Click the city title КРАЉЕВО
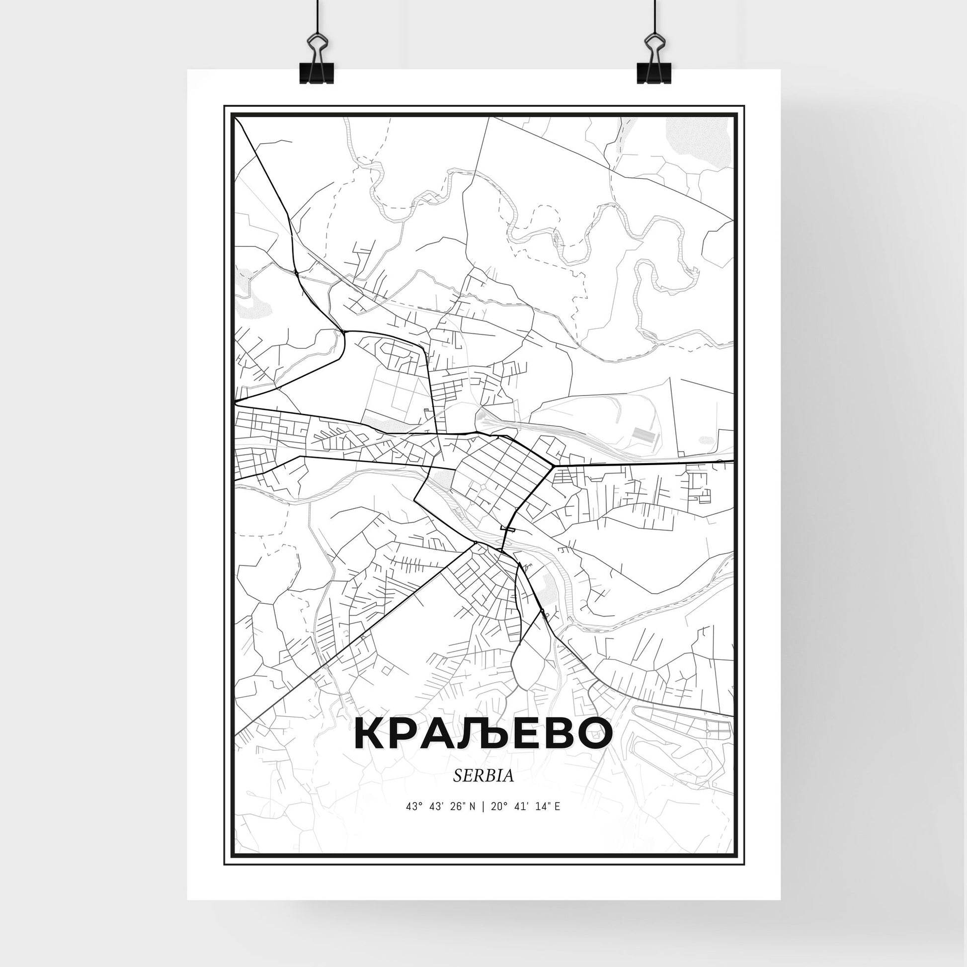point(483,734)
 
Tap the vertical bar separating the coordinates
point(483,820)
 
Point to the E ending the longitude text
point(557,820)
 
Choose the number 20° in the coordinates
point(495,820)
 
